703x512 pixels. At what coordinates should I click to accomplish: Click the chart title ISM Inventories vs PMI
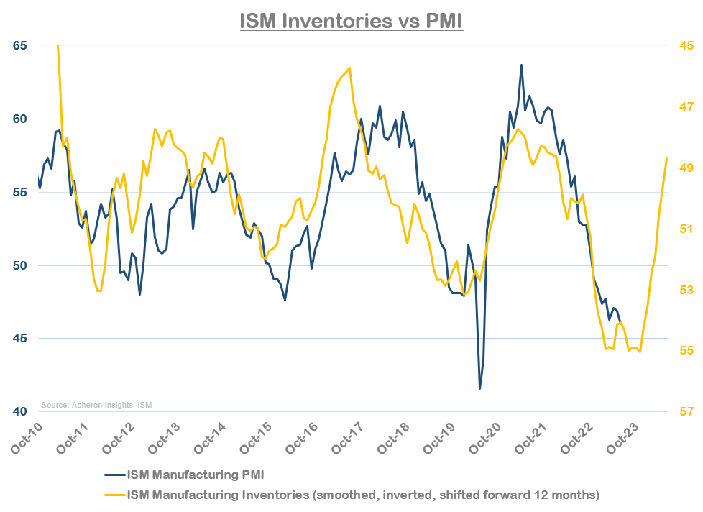pyautogui.click(x=351, y=20)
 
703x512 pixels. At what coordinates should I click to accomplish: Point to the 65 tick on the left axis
pyautogui.click(x=20, y=45)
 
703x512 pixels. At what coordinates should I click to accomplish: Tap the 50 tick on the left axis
pyautogui.click(x=20, y=265)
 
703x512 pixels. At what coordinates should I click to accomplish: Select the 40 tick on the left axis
pyautogui.click(x=20, y=411)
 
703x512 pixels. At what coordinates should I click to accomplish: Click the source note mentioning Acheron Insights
pyautogui.click(x=96, y=405)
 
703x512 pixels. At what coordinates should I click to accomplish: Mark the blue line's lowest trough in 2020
pyautogui.click(x=479, y=389)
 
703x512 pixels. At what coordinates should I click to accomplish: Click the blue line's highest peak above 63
pyautogui.click(x=521, y=65)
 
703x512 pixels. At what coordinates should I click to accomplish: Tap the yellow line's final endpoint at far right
pyautogui.click(x=667, y=158)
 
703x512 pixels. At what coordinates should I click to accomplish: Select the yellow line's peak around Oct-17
pyautogui.click(x=349, y=68)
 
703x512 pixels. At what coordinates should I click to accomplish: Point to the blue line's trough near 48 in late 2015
pyautogui.click(x=285, y=300)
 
